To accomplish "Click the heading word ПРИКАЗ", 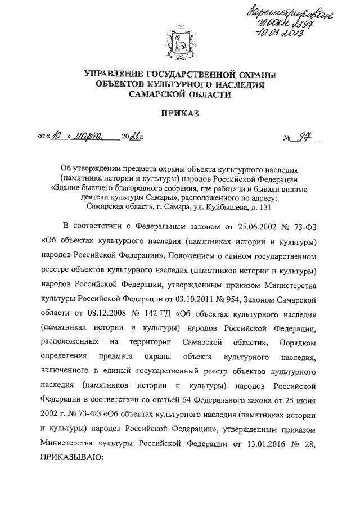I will click(179, 113).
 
